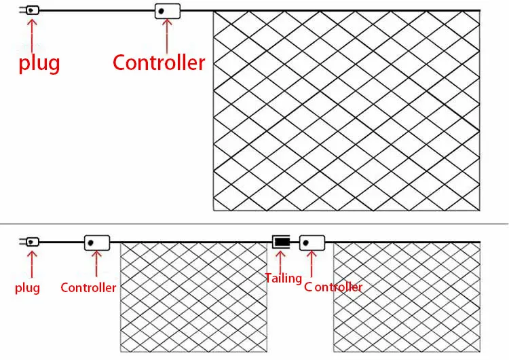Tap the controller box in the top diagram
pos(167,11)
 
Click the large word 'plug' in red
pos(39,63)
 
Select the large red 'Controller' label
pos(159,62)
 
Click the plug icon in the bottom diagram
pos(32,242)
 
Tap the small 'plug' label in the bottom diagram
pos(27,287)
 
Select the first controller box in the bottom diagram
pos(97,242)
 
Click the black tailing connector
pos(281,242)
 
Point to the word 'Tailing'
pos(283,278)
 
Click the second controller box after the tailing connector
pos(312,242)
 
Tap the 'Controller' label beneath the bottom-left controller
pos(88,287)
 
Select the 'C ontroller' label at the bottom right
pos(333,287)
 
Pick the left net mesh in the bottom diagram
pos(194,298)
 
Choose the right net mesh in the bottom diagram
pos(407,298)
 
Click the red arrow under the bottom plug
pos(31,264)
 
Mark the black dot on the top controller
pos(162,11)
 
